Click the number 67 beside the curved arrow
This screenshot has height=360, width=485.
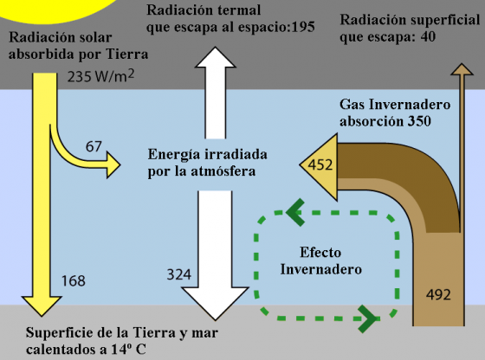(x=94, y=146)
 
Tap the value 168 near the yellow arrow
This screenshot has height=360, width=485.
(x=74, y=280)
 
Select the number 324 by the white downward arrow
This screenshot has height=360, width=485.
(x=179, y=274)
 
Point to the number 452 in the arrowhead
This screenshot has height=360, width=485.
(x=320, y=164)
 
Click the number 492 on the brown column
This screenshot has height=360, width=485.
(x=438, y=294)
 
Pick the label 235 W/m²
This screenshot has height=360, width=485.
(x=100, y=76)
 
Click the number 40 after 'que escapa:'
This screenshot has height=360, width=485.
(x=428, y=37)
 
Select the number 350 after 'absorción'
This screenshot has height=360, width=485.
(x=419, y=121)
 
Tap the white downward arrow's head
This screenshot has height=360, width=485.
(x=215, y=303)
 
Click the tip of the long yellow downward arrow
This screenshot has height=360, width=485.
(x=42, y=316)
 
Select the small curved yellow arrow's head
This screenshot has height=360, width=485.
(x=113, y=164)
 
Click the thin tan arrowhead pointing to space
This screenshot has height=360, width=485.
(x=462, y=69)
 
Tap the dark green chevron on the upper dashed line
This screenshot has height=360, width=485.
(x=295, y=212)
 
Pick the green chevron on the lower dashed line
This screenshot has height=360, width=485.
(x=368, y=318)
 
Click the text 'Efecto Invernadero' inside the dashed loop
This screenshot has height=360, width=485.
(x=320, y=260)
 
